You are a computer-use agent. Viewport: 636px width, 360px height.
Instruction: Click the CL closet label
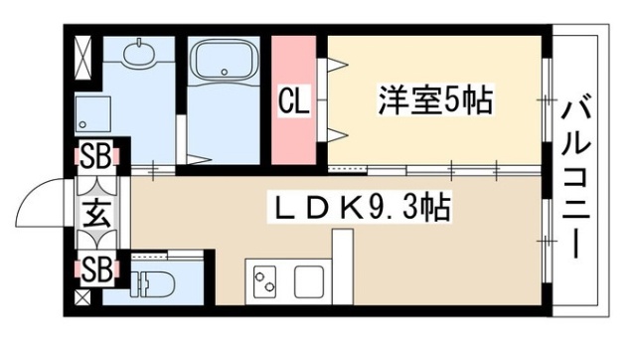[x=293, y=100]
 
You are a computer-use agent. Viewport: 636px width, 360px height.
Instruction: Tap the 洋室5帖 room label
[x=435, y=100]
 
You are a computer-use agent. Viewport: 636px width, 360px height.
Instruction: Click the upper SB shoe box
[x=96, y=156]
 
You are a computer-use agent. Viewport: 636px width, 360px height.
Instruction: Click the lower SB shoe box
[x=96, y=269]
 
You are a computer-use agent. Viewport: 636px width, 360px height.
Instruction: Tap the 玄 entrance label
[x=96, y=213]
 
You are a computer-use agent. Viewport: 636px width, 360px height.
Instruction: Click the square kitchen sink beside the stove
[x=309, y=279]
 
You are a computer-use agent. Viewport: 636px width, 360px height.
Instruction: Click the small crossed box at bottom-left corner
[x=81, y=296]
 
